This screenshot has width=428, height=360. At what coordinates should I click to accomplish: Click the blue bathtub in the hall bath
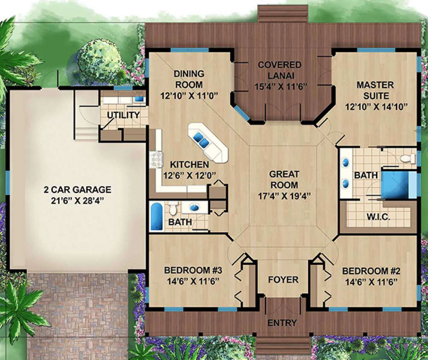157,216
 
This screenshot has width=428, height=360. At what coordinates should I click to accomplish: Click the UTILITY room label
123,115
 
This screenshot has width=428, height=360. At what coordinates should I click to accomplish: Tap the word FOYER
283,279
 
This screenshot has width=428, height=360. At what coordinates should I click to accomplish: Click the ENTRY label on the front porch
282,323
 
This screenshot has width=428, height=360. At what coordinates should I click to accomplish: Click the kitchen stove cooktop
157,159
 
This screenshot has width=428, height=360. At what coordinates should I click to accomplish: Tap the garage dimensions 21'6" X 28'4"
77,201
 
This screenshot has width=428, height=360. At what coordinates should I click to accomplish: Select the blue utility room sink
139,99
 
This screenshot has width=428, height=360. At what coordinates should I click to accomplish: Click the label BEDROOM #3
193,270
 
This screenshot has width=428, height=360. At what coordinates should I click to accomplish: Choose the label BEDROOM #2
371,271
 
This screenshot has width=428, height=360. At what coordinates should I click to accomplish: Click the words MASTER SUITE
376,90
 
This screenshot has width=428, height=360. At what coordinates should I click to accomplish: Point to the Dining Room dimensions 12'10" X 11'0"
189,96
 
